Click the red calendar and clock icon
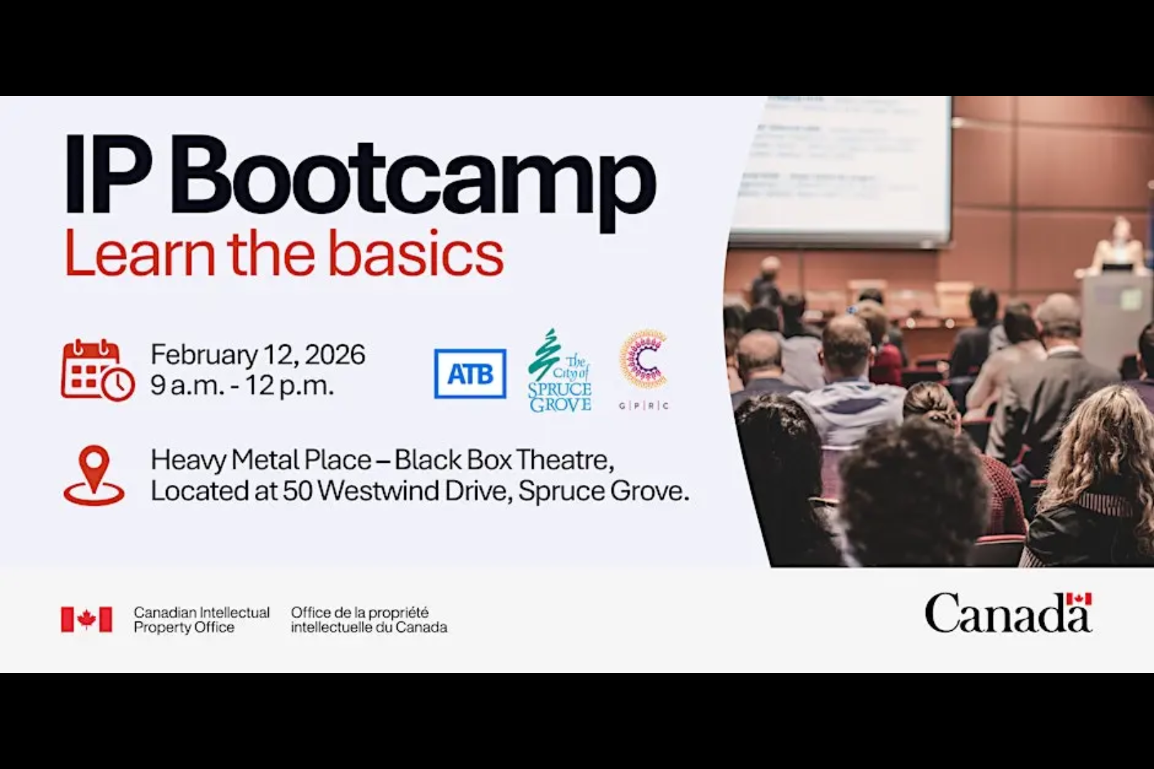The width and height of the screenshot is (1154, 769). tap(97, 370)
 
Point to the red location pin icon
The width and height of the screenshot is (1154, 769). tap(94, 475)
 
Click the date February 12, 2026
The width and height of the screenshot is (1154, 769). tap(258, 355)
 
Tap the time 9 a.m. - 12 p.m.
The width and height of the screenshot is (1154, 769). tap(242, 385)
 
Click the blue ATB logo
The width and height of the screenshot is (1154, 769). tap(470, 374)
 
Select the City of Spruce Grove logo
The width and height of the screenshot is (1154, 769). tap(561, 372)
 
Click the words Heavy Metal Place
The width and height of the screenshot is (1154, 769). tap(261, 460)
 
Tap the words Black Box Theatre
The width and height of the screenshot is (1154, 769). tap(504, 460)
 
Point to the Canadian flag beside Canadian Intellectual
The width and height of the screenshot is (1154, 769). tap(86, 619)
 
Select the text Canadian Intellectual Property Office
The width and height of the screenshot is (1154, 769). tap(202, 619)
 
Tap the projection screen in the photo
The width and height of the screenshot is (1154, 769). tap(841, 171)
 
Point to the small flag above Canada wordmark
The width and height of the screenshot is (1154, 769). tap(1078, 600)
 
